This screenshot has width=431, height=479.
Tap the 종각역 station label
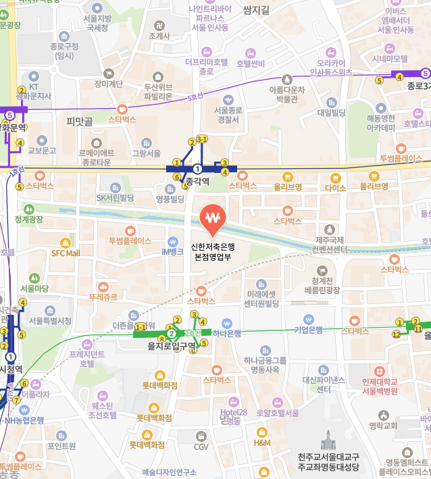tap(198, 181)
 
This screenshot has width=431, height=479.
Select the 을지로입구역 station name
tap(172, 346)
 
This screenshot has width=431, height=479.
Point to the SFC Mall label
tap(66, 253)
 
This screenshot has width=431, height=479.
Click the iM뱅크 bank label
tap(172, 251)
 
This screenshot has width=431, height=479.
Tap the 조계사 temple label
tap(159, 36)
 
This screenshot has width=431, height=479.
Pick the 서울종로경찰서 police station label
tap(226, 115)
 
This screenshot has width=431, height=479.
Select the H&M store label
tap(262, 443)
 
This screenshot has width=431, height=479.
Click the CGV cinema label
tap(201, 447)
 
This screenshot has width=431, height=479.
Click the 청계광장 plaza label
tap(29, 220)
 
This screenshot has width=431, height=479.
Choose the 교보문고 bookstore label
tap(41, 150)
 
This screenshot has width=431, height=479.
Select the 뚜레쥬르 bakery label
tap(103, 297)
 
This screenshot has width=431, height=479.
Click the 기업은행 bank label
tap(308, 330)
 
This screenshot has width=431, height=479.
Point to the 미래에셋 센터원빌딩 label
tap(262, 299)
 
